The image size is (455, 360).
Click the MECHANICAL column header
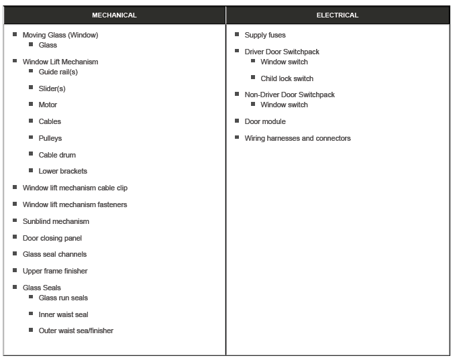pyautogui.click(x=114, y=15)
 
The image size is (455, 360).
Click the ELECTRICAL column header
pyautogui.click(x=338, y=15)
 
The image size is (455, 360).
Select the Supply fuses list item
pyautogui.click(x=264, y=35)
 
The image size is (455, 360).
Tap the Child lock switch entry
pyautogui.click(x=287, y=78)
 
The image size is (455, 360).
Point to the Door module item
pyautogui.click(x=264, y=121)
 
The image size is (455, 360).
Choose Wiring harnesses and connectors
pyautogui.click(x=297, y=138)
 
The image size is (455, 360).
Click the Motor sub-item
pyautogui.click(x=48, y=105)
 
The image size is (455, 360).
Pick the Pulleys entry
pyautogui.click(x=50, y=138)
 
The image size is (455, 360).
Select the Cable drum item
pyautogui.click(x=57, y=155)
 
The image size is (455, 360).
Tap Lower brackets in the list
pyautogui.click(x=62, y=171)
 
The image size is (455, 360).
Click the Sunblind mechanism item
pyautogui.click(x=56, y=221)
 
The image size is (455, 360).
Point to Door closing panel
pyautogui.click(x=52, y=238)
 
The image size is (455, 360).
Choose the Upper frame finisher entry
pyautogui.click(x=55, y=271)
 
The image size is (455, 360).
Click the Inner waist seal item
pyautogui.click(x=63, y=314)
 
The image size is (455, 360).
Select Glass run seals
pyautogui.click(x=63, y=298)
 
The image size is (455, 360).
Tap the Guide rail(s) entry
pyautogui.click(x=58, y=72)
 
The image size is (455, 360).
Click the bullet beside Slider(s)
pyautogui.click(x=31, y=88)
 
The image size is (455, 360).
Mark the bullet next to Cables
pyautogui.click(x=31, y=121)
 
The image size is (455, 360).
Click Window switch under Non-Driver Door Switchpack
pyautogui.click(x=284, y=105)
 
